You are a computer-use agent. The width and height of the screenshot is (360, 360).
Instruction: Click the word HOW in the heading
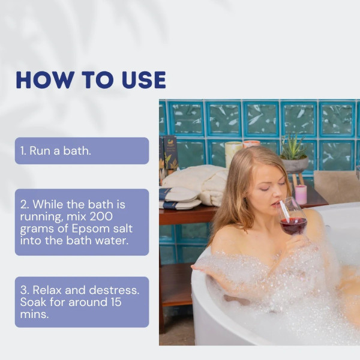tap(40, 80)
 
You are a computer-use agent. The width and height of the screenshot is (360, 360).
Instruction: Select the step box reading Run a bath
tap(82, 151)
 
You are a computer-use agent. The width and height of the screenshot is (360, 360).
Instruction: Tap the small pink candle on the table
tap(301, 194)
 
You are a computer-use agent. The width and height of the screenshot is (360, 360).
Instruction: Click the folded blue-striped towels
tap(178, 197)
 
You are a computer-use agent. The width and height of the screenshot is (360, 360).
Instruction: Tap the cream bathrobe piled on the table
tap(200, 183)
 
